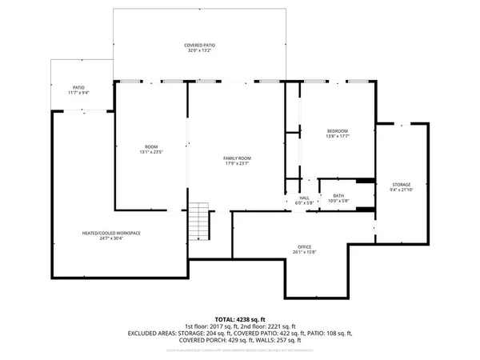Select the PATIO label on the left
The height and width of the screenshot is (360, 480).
tap(79, 87)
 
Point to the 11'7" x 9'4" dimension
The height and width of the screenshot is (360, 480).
tap(79, 94)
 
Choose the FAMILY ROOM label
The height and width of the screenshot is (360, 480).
tap(237, 158)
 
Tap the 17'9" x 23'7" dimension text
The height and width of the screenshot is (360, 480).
tap(237, 165)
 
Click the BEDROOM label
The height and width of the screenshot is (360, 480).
tap(338, 130)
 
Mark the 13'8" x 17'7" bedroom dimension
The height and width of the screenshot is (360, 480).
tap(338, 137)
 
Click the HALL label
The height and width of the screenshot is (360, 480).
tap(304, 197)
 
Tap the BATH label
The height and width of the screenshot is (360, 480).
tap(338, 197)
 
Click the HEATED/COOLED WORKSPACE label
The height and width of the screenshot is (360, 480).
tap(111, 232)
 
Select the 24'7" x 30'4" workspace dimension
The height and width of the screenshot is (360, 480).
tap(111, 238)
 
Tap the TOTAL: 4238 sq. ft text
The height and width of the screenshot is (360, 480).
tap(240, 318)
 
